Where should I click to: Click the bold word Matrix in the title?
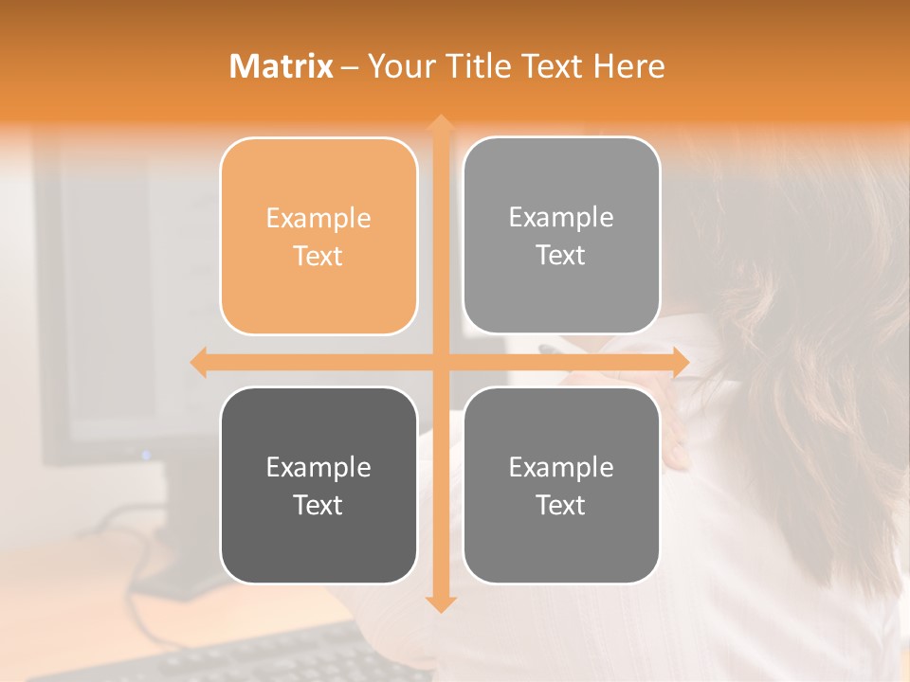[x=282, y=66]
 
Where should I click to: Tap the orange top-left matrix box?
[x=318, y=236]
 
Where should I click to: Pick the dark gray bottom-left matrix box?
[x=318, y=485]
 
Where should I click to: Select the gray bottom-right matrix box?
[x=561, y=485]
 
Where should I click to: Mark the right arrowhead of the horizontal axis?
[x=680, y=362]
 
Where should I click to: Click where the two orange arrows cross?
[x=440, y=362]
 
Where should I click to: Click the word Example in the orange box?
[x=318, y=219]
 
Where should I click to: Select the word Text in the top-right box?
[x=561, y=255]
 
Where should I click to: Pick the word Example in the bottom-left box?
[x=318, y=468]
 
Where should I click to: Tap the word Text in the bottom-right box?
[x=561, y=505]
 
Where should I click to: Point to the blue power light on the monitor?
[x=146, y=455]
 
